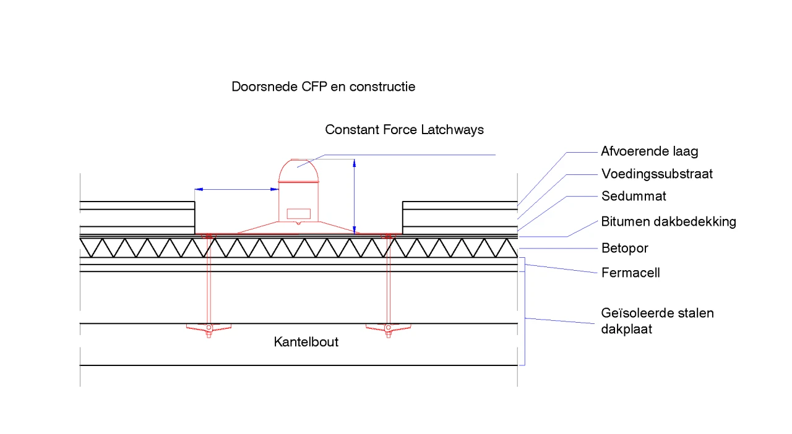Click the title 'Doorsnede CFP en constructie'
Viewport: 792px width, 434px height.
(x=323, y=87)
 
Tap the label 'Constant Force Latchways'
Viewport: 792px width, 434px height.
(x=404, y=130)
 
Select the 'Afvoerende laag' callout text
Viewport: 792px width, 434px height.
(x=650, y=151)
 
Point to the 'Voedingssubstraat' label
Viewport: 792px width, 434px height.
(x=657, y=174)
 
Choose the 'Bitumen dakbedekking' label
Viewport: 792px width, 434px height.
(x=668, y=221)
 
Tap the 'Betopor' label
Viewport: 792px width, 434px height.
(x=625, y=249)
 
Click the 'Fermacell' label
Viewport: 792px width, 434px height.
(x=631, y=273)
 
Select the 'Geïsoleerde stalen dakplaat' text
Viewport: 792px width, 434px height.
(x=657, y=321)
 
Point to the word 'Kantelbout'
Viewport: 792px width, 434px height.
(x=306, y=342)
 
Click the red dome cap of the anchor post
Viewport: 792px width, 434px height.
(x=299, y=170)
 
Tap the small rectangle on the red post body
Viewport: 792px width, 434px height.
(x=299, y=213)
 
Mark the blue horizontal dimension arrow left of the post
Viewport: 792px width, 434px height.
(x=236, y=189)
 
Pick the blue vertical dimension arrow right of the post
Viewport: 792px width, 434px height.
(x=354, y=195)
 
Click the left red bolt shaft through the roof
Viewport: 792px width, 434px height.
(x=209, y=278)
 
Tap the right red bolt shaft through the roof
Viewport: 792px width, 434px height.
(x=388, y=278)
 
